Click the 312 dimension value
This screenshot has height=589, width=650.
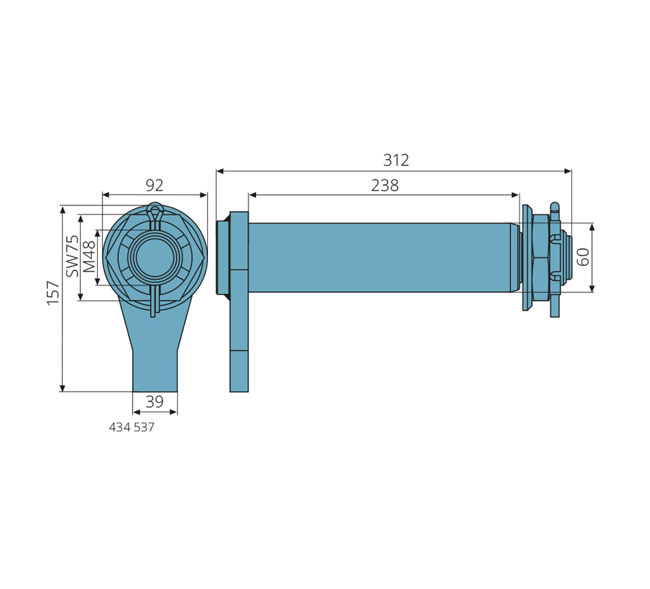pos(396,160)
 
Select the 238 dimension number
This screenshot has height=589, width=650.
pos(385,186)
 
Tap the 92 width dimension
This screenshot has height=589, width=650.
pos(155,186)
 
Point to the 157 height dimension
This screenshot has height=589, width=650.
pos(53,292)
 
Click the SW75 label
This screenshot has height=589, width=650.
pos(72,255)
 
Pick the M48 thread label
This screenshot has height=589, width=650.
pos(89,257)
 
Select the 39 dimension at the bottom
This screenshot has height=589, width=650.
pos(155,402)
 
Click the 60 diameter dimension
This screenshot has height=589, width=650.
pos(583,257)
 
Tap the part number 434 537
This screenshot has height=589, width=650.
pos(131,427)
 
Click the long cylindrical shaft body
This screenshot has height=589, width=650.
pos(379,258)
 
